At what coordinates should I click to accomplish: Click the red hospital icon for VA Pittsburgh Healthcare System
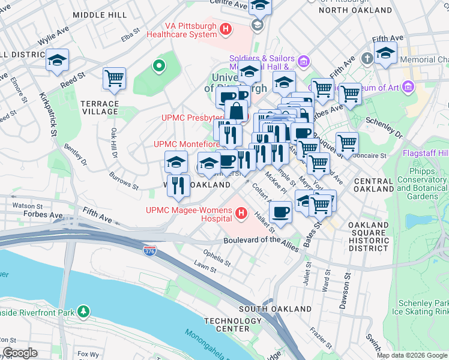[x=226, y=29]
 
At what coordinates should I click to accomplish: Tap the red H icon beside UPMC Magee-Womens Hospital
[x=241, y=213]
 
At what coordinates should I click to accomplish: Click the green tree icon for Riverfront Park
[x=85, y=311]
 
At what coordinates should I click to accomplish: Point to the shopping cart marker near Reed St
[x=114, y=79]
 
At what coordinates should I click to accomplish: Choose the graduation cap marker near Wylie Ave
[x=57, y=60]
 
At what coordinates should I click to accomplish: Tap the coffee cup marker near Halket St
[x=280, y=211]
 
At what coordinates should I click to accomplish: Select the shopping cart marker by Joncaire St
[x=347, y=143]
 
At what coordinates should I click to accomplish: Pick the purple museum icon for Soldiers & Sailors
[x=303, y=61]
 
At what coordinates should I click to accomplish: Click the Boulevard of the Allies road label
[x=261, y=241]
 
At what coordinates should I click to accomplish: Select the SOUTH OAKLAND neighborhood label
[x=276, y=308]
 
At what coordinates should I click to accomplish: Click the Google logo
[x=20, y=353]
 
